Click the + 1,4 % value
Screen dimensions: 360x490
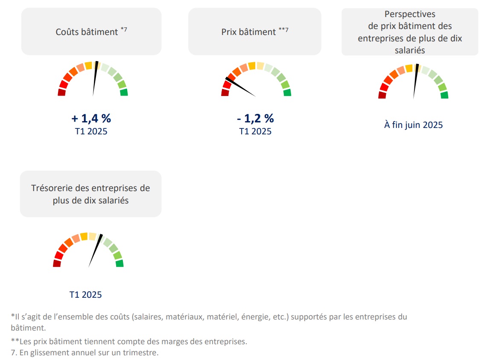pos(91,118)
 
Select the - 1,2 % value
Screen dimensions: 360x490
pos(255,118)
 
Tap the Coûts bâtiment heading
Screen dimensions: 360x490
pos(87,32)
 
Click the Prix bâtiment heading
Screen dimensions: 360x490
pos(249,32)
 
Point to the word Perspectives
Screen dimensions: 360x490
pos(410,15)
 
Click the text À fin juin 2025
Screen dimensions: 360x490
pos(414,125)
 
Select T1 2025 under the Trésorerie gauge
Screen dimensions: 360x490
pos(86,294)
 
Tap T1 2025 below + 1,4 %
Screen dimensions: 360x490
pos(91,131)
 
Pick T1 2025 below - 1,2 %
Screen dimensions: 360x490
pos(255,131)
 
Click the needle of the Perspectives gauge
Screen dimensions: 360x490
pos(415,81)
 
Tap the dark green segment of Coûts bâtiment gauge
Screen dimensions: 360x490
pos(124,92)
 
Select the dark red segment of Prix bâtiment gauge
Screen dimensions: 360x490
pos(225,92)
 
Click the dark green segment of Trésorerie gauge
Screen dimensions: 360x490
pos(120,263)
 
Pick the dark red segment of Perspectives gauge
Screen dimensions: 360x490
pos(382,95)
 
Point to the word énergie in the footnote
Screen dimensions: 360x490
pos(254,317)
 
